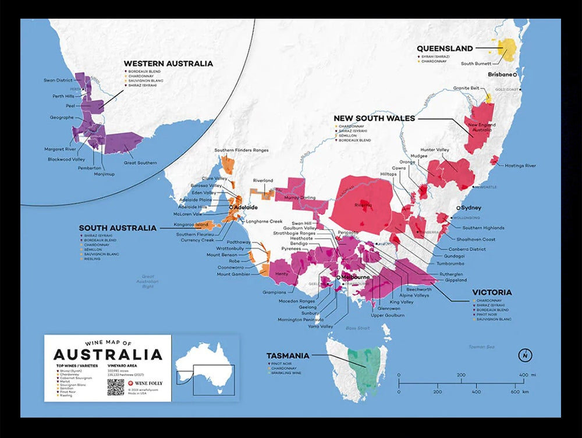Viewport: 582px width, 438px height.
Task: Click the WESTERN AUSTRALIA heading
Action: coord(168,63)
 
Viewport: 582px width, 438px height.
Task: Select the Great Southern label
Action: coord(140,163)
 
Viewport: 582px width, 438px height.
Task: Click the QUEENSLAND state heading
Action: coord(445,49)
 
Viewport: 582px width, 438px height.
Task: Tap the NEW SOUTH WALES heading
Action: coord(374,118)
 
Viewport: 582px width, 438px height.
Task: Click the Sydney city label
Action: coord(471,208)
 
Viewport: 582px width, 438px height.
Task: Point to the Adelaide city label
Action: coord(246,207)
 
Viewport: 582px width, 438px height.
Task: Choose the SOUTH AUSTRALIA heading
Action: coord(118,228)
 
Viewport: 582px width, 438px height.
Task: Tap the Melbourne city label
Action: coord(356,277)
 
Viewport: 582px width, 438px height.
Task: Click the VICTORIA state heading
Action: coord(492,292)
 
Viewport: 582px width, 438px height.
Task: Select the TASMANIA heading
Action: coord(288,355)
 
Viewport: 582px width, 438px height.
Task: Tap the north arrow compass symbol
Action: coord(526,355)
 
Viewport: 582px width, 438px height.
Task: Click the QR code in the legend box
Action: coord(116,387)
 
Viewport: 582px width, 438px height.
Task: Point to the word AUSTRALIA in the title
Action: coord(108,354)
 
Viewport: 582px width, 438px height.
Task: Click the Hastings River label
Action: coord(521,166)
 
